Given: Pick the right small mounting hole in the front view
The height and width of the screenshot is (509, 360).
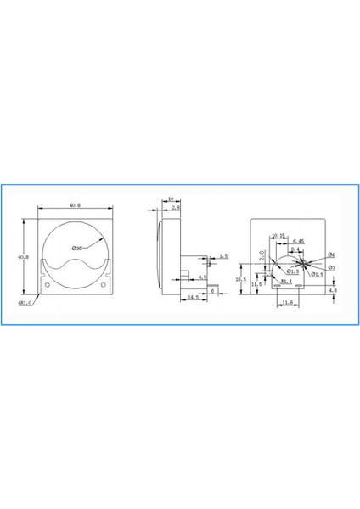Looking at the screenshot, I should [x=104, y=283].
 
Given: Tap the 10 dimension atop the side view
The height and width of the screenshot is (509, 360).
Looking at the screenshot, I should [x=171, y=201].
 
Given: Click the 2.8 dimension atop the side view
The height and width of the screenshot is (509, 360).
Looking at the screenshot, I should [x=176, y=207].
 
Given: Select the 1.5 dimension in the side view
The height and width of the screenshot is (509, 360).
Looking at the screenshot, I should [x=222, y=255].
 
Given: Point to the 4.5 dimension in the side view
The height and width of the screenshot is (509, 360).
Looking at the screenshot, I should [x=203, y=277].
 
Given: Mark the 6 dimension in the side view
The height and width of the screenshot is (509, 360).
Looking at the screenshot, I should [x=211, y=290].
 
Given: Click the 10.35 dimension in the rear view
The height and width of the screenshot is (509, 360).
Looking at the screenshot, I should [x=278, y=236].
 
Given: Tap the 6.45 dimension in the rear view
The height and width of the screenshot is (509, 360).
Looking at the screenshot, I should [x=298, y=242].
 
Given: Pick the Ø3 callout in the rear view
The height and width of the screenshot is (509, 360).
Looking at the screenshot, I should [x=331, y=267].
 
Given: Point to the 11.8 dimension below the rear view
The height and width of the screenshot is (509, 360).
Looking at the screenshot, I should [x=287, y=302].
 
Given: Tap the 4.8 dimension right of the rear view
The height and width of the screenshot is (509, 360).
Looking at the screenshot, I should [x=333, y=291].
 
